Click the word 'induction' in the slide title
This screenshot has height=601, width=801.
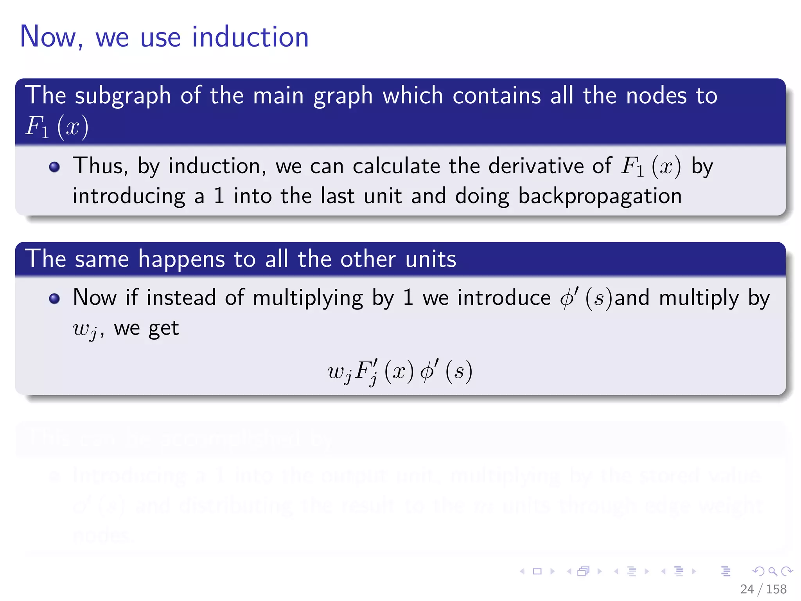pos(250,37)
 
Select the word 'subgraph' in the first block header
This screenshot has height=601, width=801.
pos(123,96)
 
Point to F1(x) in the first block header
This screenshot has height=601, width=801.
pos(57,127)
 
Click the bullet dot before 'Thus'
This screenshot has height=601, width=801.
pos(54,167)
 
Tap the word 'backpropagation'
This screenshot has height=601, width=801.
pos(600,196)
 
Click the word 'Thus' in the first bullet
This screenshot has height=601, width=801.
pos(100,166)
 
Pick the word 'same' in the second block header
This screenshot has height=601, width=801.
pos(102,259)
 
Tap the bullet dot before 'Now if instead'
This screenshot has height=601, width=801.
pos(54,299)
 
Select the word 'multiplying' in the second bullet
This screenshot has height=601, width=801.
pos(308,298)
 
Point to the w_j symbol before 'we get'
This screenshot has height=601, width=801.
pos(85,329)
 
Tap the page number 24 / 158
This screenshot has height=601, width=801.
pos(763,589)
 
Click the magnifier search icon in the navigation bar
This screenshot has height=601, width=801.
pos(772,571)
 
